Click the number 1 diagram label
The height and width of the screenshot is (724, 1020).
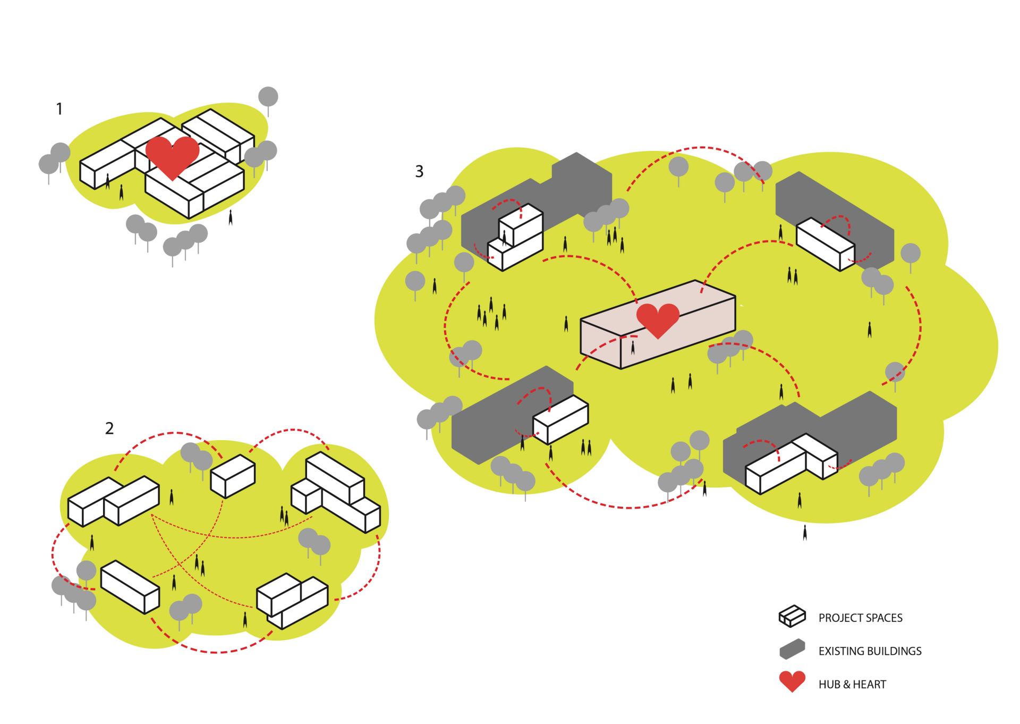(x=59, y=109)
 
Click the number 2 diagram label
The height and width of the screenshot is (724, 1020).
(x=109, y=428)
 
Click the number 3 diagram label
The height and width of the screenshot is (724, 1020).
(x=419, y=171)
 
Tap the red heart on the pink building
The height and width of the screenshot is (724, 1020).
(x=658, y=319)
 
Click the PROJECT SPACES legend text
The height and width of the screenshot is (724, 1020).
(x=860, y=618)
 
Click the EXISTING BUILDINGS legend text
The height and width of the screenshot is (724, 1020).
(x=870, y=651)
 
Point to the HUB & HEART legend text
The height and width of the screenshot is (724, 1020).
(x=852, y=684)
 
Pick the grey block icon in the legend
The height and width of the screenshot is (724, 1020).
(x=792, y=650)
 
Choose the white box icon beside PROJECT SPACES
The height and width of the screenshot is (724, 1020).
(x=792, y=616)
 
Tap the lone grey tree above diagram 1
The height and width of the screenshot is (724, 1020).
(x=268, y=98)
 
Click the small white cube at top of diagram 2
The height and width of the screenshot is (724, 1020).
(x=233, y=476)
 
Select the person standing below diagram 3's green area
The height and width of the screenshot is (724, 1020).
(x=805, y=532)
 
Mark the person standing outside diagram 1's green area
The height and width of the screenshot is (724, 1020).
(x=231, y=217)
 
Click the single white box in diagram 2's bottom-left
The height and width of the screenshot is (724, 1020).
(x=130, y=586)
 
